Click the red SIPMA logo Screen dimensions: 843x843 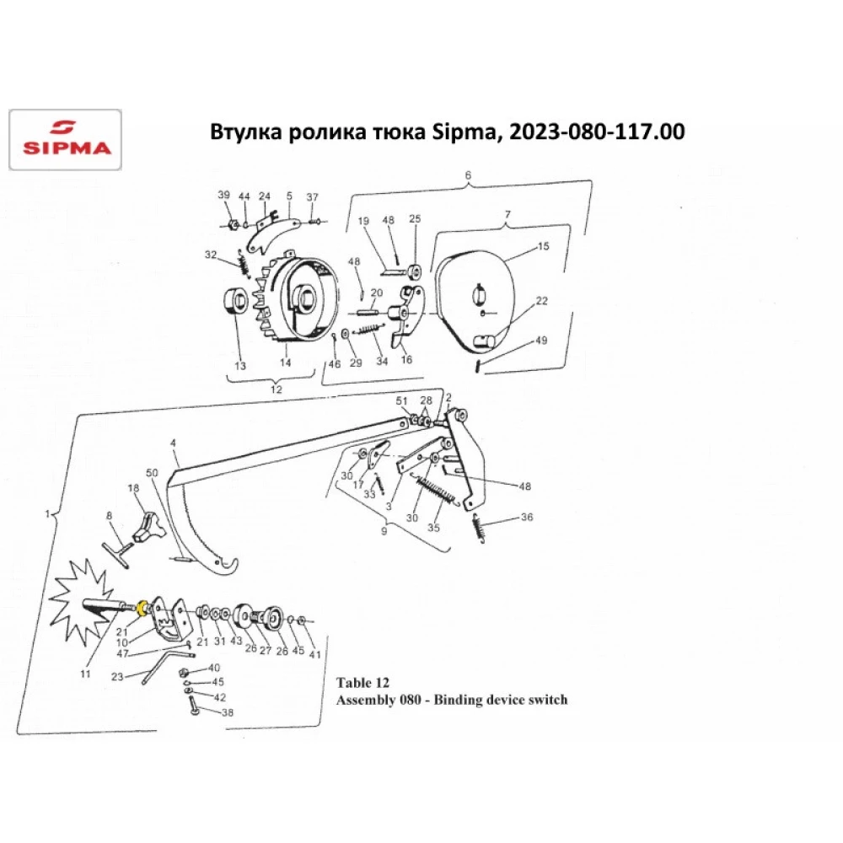pos(66,140)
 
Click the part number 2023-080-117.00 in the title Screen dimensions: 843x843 pos(597,132)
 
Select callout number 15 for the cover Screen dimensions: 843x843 pos(543,246)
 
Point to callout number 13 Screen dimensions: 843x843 pos(240,366)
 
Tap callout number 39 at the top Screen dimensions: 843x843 pos(223,195)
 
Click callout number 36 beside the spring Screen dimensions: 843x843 pos(527,517)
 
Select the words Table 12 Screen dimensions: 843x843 pos(362,683)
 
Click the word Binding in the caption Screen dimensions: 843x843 pos(458,700)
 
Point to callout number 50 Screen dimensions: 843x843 pos(152,473)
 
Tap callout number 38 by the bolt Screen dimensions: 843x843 pos(228,712)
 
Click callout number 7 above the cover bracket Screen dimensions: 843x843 pos(507,214)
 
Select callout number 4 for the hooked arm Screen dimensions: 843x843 pos(173,443)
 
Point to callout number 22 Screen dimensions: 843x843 pos(541,301)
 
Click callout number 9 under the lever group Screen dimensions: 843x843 pos(384,531)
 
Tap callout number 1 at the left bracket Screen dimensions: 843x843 pos(47,514)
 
